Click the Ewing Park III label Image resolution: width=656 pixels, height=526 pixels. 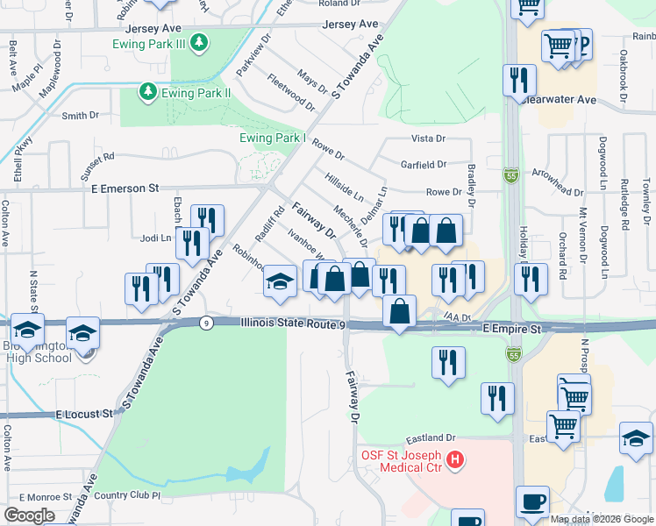(151, 44)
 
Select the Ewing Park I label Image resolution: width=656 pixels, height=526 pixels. (272, 138)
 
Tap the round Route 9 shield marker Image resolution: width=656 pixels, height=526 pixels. (204, 323)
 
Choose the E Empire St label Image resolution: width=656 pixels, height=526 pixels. (511, 327)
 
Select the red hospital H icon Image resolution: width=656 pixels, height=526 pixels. (454, 458)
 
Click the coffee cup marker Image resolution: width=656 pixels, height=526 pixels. (532, 502)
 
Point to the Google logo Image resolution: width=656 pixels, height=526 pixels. (29, 515)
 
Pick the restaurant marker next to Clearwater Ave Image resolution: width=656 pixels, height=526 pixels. (519, 81)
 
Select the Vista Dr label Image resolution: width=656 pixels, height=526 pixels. (429, 139)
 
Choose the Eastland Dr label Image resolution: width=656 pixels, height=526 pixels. (431, 437)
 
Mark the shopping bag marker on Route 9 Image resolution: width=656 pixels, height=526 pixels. (400, 312)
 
